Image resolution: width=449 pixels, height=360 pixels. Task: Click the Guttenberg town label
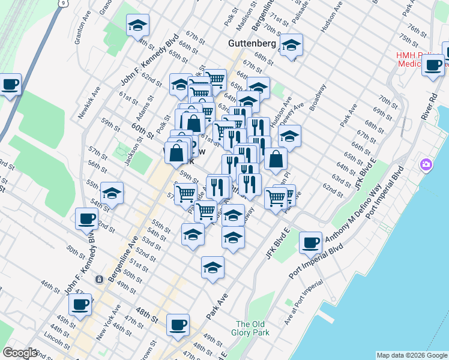252,44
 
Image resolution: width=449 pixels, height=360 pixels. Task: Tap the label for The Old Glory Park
252,328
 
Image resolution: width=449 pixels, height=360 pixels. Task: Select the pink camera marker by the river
426,164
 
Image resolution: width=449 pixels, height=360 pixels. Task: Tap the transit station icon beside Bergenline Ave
98,279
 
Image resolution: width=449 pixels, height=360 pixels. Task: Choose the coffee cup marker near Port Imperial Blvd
311,242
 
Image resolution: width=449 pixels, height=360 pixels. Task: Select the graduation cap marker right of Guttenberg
292,45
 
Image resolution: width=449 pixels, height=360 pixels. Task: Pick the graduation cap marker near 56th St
112,193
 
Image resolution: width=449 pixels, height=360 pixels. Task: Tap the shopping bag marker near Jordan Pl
276,160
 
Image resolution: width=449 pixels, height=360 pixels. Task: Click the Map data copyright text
411,355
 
